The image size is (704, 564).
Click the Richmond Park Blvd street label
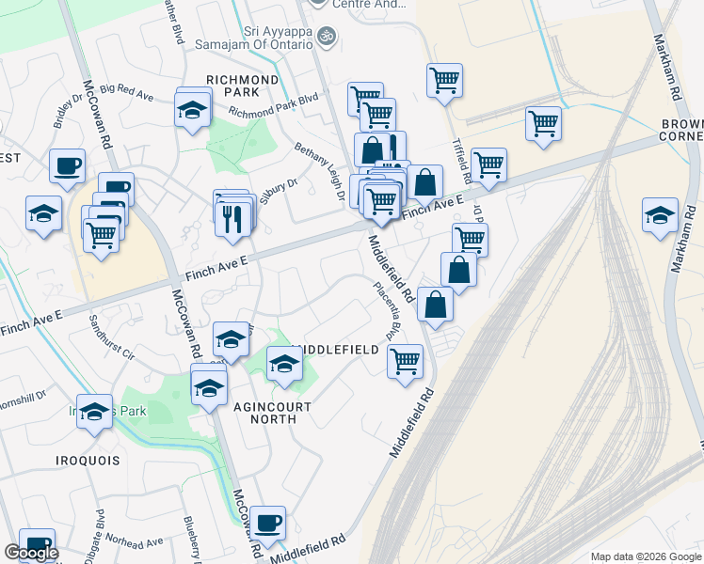coord(273,108)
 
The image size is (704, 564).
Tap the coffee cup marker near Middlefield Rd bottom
coord(267,522)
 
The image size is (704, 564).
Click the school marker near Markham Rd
coord(660,214)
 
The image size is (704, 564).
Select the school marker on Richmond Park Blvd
coord(192,111)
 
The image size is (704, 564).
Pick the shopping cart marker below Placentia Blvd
coord(405,360)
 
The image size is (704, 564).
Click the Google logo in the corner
coord(30,553)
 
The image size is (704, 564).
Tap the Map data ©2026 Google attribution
coord(646,556)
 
